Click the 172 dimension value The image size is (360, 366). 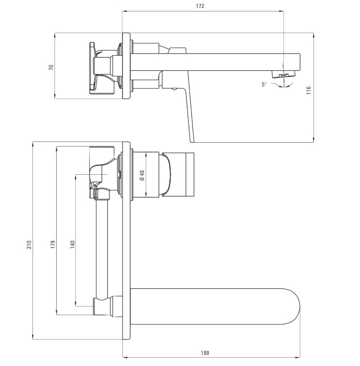point(200,6)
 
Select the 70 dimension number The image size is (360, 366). point(51,68)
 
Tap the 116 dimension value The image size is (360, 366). point(308,90)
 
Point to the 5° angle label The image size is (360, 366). point(264,84)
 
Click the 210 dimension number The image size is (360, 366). point(29,244)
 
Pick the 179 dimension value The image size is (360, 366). point(53,244)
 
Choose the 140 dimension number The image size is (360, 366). point(73,244)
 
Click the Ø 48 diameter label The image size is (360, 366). point(142,175)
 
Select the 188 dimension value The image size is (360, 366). point(205,353)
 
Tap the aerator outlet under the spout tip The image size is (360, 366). point(283,75)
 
